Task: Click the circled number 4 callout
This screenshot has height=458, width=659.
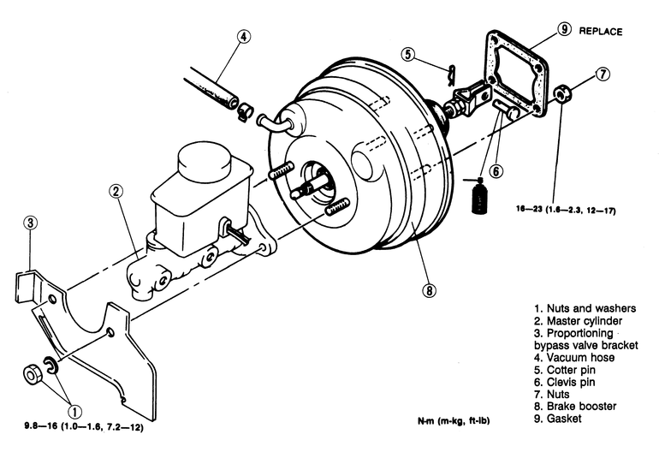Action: [x=243, y=36]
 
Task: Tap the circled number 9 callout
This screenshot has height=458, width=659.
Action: [x=564, y=29]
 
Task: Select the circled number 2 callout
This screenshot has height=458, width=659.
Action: [x=116, y=192]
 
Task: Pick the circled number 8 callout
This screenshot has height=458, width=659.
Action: [x=429, y=290]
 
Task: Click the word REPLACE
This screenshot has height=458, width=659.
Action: [x=601, y=31]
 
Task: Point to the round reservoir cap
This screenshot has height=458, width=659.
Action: [x=205, y=162]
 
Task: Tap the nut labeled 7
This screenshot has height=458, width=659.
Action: [x=561, y=93]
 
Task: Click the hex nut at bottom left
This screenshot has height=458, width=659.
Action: [x=32, y=374]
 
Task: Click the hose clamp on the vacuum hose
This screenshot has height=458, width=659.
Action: [x=244, y=112]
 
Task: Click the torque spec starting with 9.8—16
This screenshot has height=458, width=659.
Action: [x=84, y=427]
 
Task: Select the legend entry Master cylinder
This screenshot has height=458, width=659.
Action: [x=578, y=321]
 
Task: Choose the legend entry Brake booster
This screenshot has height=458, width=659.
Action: [x=575, y=407]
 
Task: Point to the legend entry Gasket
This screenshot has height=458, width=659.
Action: [x=558, y=419]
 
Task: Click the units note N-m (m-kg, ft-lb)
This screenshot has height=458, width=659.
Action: [x=454, y=420]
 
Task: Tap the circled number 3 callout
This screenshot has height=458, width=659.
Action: [x=30, y=223]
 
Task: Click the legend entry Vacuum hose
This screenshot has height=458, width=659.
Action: [x=574, y=358]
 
